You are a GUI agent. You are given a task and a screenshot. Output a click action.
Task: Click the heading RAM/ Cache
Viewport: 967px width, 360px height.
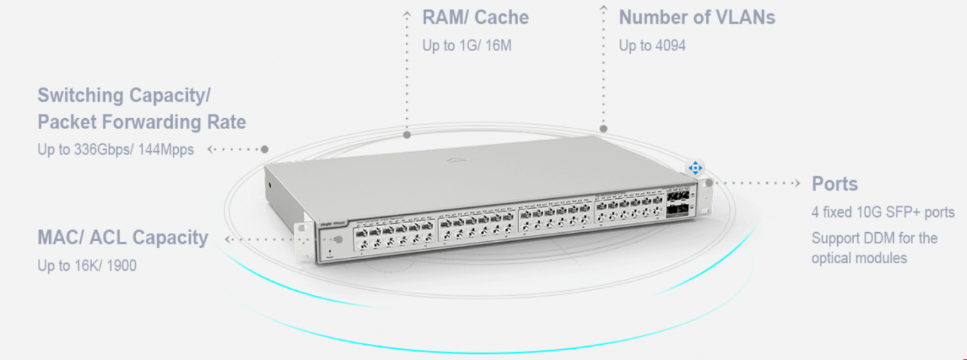(x=475, y=17)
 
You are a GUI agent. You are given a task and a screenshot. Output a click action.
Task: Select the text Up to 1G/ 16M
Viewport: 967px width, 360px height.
(x=467, y=46)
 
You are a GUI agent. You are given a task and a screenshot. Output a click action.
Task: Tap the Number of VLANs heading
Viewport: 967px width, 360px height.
(x=697, y=17)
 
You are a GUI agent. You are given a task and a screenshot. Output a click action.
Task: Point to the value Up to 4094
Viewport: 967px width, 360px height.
(x=652, y=46)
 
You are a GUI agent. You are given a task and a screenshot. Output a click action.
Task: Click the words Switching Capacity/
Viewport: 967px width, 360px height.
(x=124, y=95)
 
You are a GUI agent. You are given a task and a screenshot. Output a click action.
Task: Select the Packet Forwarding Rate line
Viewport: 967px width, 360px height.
(x=142, y=122)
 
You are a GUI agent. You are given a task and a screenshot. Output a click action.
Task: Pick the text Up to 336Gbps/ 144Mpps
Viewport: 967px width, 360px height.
(x=115, y=149)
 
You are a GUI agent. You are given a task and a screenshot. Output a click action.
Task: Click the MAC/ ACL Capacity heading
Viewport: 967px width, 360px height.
(x=122, y=238)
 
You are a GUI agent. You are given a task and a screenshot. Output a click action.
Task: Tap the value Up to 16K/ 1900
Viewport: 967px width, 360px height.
(x=87, y=265)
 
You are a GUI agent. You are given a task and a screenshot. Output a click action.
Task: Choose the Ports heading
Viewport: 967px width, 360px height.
(x=834, y=184)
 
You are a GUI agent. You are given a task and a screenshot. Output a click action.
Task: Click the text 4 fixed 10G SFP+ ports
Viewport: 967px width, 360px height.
(x=883, y=211)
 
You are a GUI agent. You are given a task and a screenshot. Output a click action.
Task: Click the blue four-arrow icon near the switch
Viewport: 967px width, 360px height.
(x=695, y=168)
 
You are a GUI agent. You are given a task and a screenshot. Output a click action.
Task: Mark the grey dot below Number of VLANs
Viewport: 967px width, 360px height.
(x=604, y=129)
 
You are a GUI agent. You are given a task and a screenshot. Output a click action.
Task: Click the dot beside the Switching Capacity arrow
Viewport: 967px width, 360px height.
(x=265, y=149)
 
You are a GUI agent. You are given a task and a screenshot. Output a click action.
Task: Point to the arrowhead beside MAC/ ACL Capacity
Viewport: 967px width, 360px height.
(x=229, y=239)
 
